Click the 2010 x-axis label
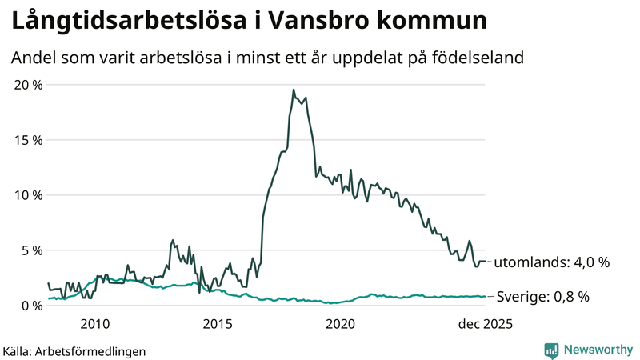94,324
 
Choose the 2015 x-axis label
218,324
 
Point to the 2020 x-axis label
341,324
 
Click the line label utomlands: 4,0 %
552,262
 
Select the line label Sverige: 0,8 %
543,297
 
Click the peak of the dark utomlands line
294,90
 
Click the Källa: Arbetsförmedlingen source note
74,350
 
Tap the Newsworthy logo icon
551,350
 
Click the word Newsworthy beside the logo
596,350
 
